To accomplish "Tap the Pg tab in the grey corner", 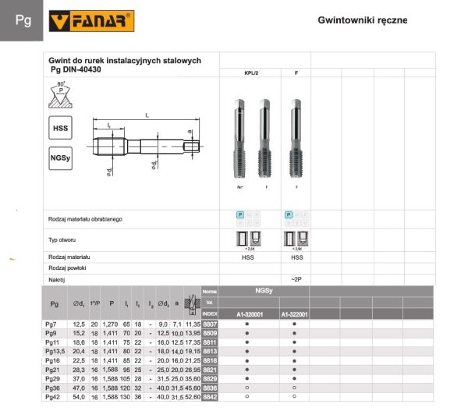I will [23, 20].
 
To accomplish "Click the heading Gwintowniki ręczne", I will [363, 20].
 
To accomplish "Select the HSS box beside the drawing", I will [60, 127].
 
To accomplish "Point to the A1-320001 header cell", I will [247, 314].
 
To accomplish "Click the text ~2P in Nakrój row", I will [296, 278].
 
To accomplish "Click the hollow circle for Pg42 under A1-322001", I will [294, 396].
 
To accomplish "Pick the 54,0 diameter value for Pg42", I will [78, 396].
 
